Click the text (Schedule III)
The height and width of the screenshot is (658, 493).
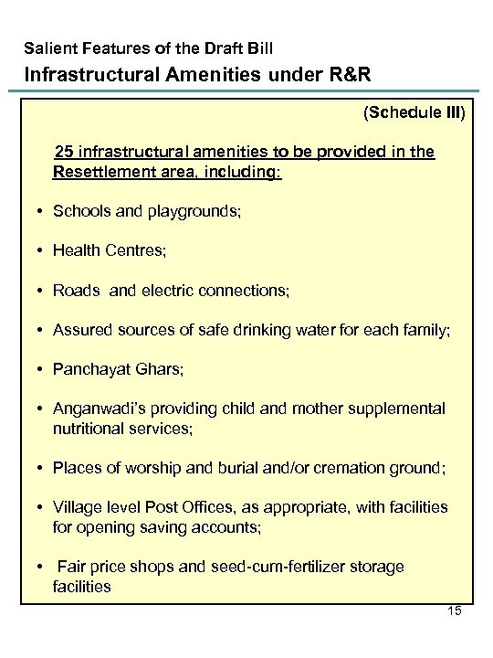pyautogui.click(x=414, y=113)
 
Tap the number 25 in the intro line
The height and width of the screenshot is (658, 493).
pyautogui.click(x=64, y=152)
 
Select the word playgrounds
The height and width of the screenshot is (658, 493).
pyautogui.click(x=194, y=212)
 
